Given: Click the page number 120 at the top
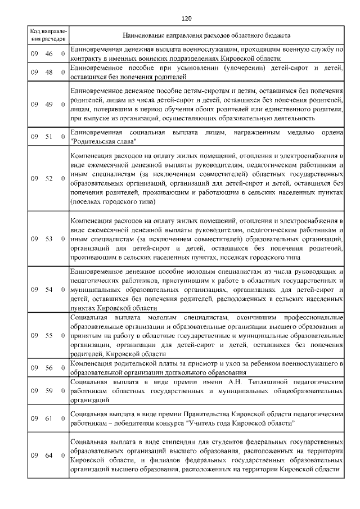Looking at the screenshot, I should [187, 19].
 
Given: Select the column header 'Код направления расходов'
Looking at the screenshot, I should [48, 35].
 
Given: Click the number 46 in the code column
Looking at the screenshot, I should [49, 54].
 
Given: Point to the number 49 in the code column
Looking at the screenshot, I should [49, 104].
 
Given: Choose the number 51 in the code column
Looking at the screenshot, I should [49, 136].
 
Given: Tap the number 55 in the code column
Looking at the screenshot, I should [49, 336].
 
